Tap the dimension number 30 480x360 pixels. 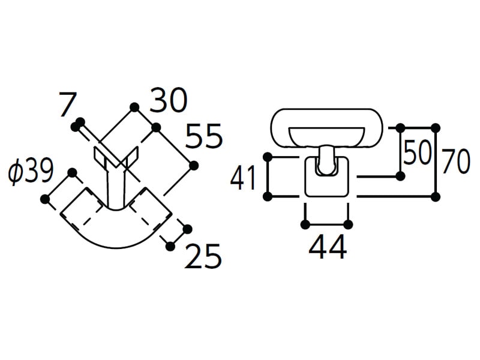pos(168,100)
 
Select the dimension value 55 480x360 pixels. pos(203,136)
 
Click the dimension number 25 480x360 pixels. pos(202,256)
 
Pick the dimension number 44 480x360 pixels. pos(328,247)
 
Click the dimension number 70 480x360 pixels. pos(456,161)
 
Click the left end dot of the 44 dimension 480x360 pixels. pos(305,225)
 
